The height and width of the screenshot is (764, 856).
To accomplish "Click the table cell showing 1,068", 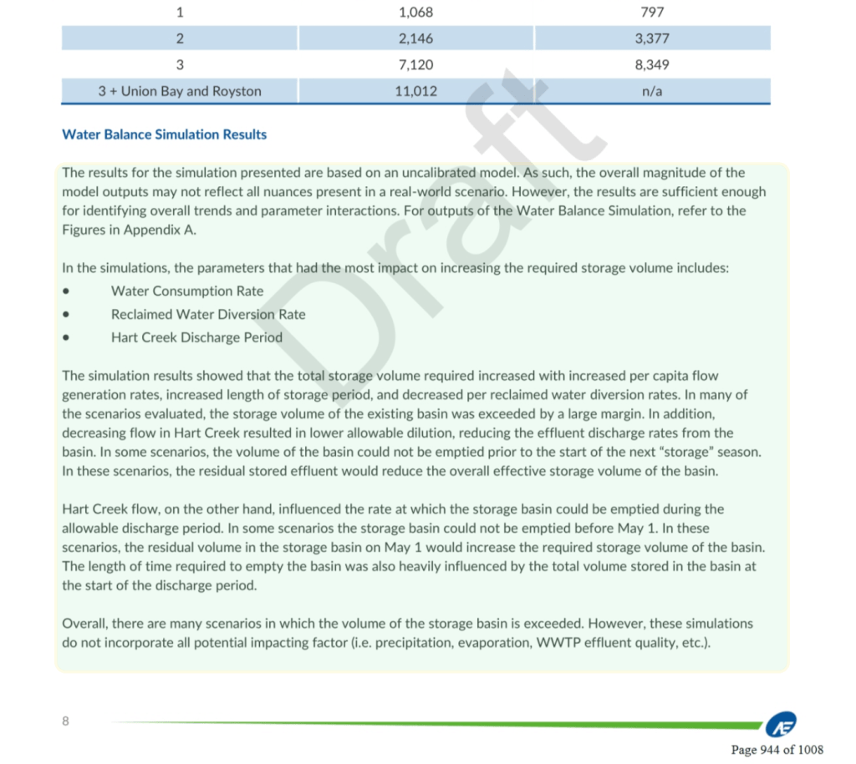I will tap(416, 13).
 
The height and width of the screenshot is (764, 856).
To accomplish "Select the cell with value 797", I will tap(652, 13).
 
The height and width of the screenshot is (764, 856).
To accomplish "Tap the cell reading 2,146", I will tap(416, 38).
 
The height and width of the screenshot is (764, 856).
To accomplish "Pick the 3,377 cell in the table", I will tap(652, 38).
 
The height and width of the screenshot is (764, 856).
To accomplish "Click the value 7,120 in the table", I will tap(416, 65).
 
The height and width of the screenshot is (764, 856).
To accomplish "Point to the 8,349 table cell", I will tap(652, 65).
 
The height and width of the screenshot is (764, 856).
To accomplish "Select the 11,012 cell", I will tap(416, 91).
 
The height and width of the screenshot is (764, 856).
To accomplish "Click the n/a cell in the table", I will tap(652, 91).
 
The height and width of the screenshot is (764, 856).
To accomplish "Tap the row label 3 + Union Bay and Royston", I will tap(180, 91).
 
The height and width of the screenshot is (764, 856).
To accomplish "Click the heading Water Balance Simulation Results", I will tap(165, 134).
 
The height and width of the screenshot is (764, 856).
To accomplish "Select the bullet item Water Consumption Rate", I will tap(187, 291).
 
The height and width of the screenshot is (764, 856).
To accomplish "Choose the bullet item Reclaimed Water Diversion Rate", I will tap(208, 315).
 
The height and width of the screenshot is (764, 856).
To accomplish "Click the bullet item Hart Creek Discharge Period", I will tap(196, 338).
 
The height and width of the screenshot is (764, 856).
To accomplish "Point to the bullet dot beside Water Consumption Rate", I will tap(66, 292).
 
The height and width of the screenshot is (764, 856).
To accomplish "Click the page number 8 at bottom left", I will tap(66, 721).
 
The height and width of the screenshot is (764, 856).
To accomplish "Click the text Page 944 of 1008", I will tap(777, 749).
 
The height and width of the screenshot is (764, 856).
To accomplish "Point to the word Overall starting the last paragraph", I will tap(84, 624).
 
